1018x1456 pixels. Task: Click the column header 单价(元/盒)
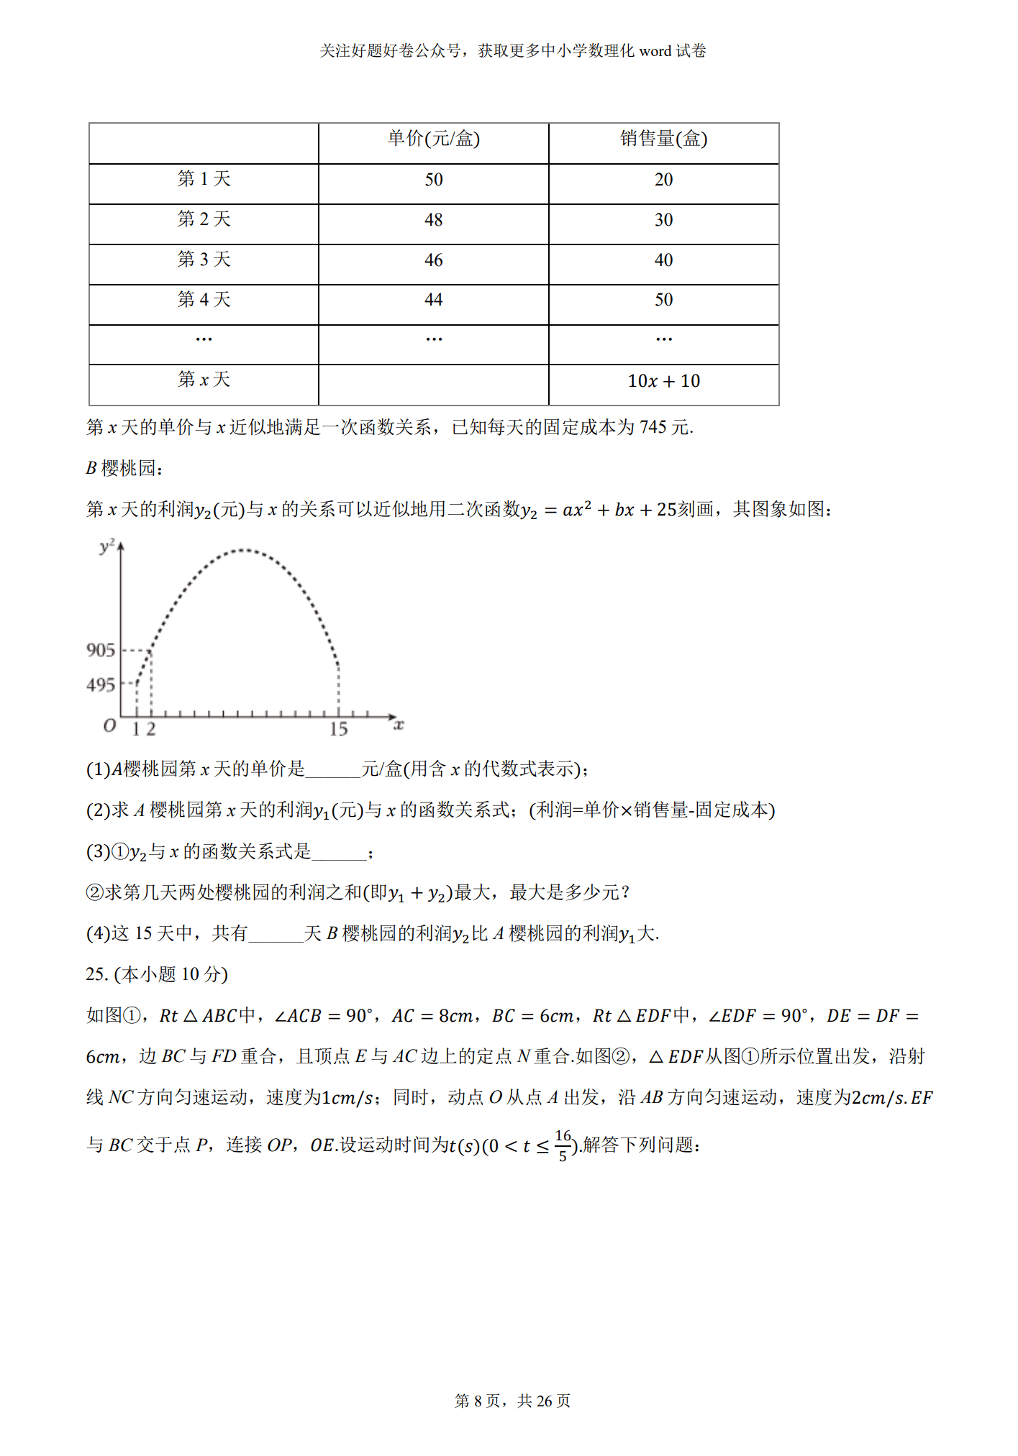tap(433, 139)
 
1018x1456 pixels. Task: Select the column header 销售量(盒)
tap(663, 139)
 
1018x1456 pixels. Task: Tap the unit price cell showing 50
tap(433, 180)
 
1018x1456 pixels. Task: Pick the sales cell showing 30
tap(663, 220)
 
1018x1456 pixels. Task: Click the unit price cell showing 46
tap(433, 260)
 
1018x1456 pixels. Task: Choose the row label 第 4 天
tap(204, 300)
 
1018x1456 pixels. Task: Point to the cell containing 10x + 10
tap(663, 381)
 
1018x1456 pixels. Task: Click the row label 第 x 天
tap(204, 380)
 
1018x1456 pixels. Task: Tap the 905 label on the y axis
tap(101, 651)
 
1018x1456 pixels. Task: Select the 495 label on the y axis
tap(101, 685)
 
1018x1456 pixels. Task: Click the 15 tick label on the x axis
tap(338, 730)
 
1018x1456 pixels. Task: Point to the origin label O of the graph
tap(109, 725)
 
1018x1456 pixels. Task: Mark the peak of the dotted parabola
tap(243, 550)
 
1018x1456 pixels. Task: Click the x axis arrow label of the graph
tap(399, 725)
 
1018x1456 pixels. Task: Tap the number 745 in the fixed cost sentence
tap(653, 428)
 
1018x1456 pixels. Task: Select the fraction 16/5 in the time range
tap(563, 1145)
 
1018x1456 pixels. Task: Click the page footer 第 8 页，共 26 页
tap(512, 1401)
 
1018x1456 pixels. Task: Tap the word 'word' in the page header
tap(655, 51)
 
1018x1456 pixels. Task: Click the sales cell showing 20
tap(663, 180)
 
